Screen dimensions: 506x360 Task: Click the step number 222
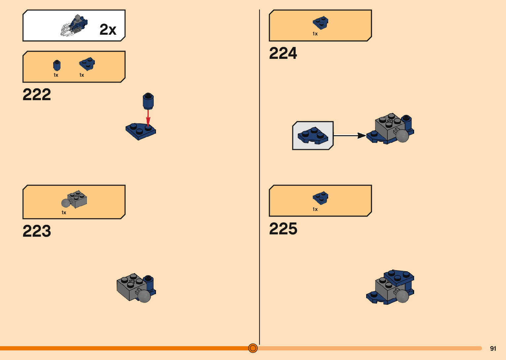click(x=37, y=95)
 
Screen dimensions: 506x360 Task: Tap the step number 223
click(x=37, y=231)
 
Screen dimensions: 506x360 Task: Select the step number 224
click(x=283, y=53)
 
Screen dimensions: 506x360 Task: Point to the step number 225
click(x=283, y=229)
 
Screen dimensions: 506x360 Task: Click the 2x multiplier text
click(x=108, y=30)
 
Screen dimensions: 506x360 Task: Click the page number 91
click(x=493, y=348)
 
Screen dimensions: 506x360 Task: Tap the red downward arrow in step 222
click(x=148, y=117)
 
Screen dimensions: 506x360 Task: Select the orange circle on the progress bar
click(x=253, y=348)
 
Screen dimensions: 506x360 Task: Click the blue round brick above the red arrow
click(x=148, y=101)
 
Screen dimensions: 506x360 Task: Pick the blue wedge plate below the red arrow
click(x=140, y=131)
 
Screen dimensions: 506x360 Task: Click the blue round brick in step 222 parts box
click(x=57, y=65)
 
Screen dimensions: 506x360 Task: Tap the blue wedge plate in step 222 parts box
click(x=87, y=64)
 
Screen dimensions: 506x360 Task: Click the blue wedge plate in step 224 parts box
click(x=320, y=23)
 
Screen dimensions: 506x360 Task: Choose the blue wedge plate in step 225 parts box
click(x=320, y=198)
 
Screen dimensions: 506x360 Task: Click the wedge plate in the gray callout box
click(x=313, y=136)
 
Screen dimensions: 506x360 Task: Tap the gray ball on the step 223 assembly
click(x=144, y=296)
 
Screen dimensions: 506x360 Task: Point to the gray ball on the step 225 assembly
click(x=402, y=296)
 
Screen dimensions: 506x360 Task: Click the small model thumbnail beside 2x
click(x=74, y=26)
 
